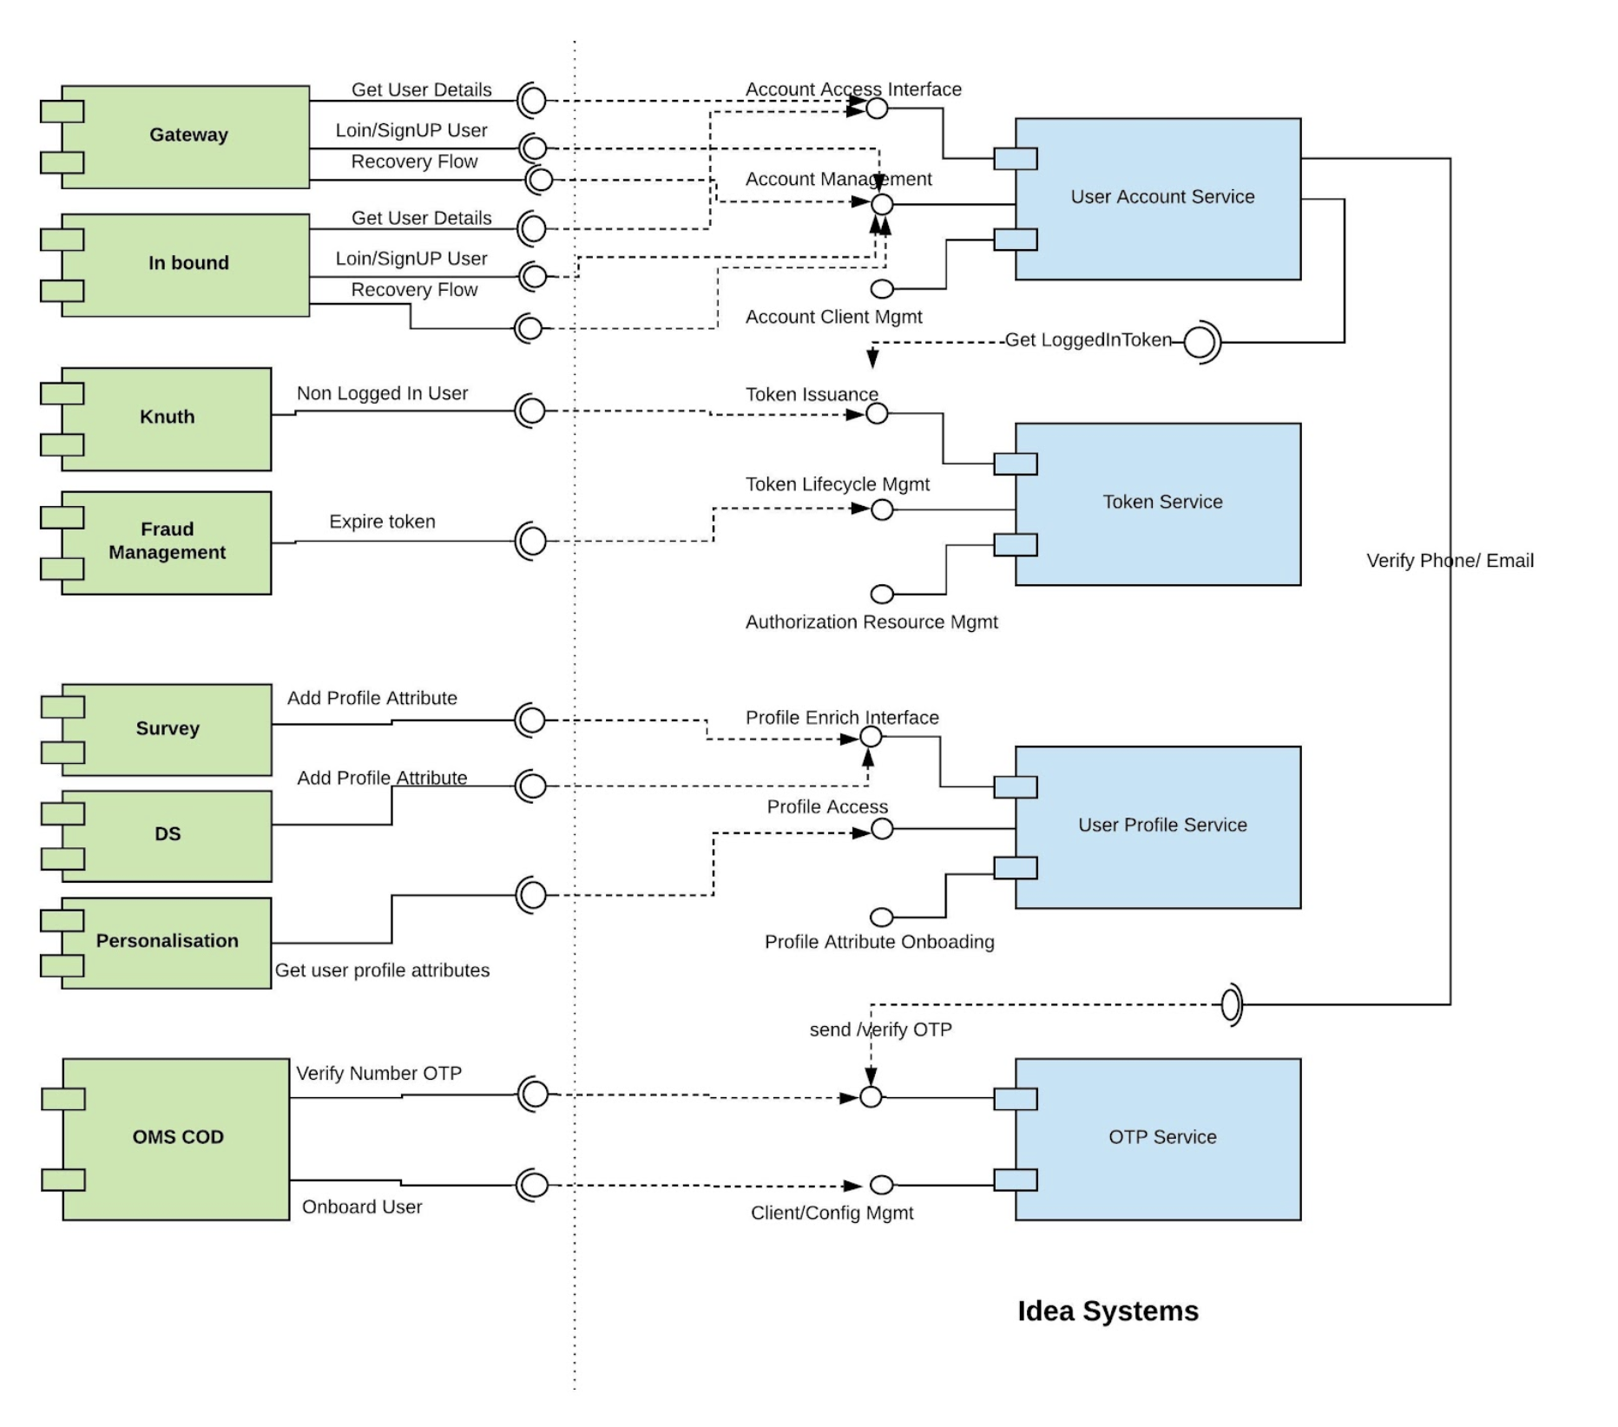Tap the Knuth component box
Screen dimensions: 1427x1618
point(167,418)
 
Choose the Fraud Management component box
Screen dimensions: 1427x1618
point(167,543)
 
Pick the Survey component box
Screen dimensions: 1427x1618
point(167,729)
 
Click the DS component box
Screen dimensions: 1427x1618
point(167,835)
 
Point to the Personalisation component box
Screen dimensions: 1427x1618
point(167,942)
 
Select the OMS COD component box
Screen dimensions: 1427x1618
point(177,1138)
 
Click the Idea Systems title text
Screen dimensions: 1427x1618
point(1108,1311)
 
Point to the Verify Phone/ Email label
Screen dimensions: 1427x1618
point(1450,561)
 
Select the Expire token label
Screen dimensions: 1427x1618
point(382,522)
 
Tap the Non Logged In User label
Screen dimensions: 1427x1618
point(382,393)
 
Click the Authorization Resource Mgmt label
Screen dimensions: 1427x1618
point(871,622)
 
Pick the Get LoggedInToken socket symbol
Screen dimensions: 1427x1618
point(1201,342)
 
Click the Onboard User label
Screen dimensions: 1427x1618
point(362,1207)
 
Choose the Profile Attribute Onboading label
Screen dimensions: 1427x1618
point(879,942)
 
